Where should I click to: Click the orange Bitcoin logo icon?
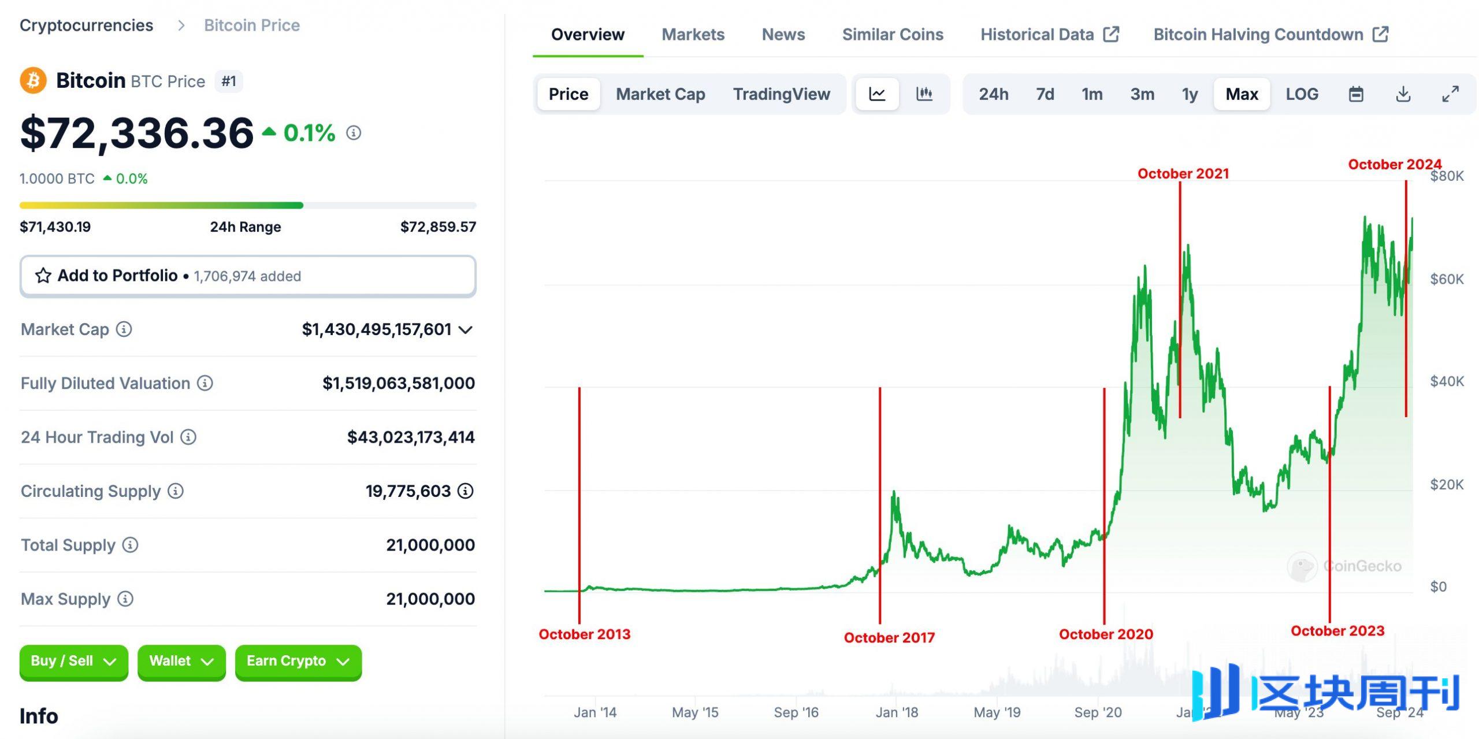[33, 80]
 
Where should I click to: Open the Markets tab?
[693, 35]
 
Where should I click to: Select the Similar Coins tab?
[892, 35]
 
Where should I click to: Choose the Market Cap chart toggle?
[660, 94]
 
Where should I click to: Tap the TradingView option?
[781, 94]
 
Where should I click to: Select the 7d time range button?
[1045, 94]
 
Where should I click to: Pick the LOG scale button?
[1302, 94]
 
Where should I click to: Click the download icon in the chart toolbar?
[1403, 94]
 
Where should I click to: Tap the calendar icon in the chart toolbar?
[1355, 94]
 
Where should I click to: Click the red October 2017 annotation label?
[889, 637]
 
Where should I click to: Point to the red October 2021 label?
[1183, 173]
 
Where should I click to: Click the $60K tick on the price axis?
[1447, 279]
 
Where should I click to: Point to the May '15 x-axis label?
[694, 712]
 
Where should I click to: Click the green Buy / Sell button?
[73, 661]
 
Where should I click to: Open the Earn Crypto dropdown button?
[298, 661]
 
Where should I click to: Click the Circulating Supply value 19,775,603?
[407, 491]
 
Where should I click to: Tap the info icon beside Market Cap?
[124, 329]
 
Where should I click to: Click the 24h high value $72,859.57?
[437, 226]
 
